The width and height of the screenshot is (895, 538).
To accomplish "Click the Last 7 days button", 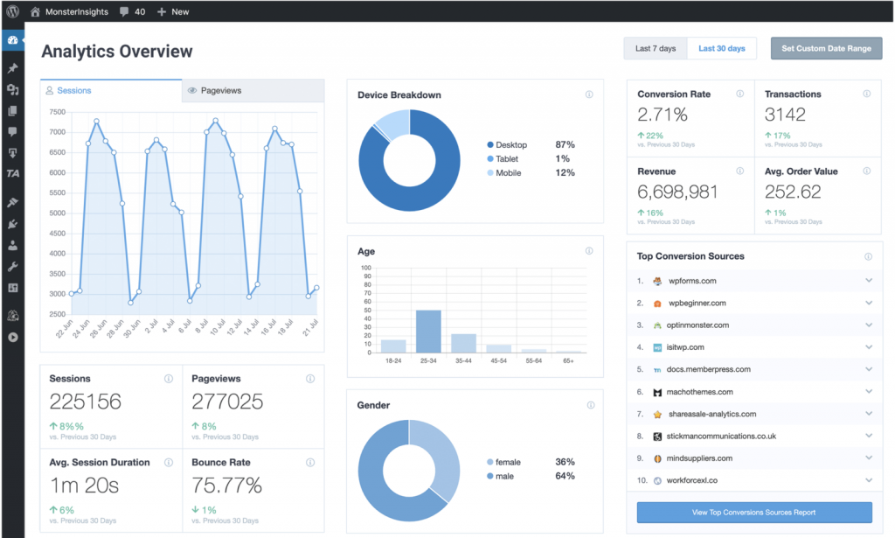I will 656,49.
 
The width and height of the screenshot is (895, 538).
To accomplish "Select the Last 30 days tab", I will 721,49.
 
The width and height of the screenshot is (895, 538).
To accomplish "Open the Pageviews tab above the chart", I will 220,91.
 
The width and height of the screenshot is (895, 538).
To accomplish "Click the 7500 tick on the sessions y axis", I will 57,112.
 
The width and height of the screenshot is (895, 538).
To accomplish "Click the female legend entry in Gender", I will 507,462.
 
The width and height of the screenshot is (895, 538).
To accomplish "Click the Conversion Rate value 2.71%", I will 663,115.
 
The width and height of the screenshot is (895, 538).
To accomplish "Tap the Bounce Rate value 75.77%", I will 227,485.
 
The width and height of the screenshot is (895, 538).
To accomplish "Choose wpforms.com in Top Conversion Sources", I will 692,281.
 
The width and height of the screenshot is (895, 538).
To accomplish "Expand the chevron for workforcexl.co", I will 869,480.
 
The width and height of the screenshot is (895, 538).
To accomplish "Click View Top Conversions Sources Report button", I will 754,513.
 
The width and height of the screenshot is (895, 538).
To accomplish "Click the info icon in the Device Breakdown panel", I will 589,95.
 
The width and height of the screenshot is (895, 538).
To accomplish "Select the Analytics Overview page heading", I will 117,52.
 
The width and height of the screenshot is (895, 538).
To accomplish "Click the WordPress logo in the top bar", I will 12,12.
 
